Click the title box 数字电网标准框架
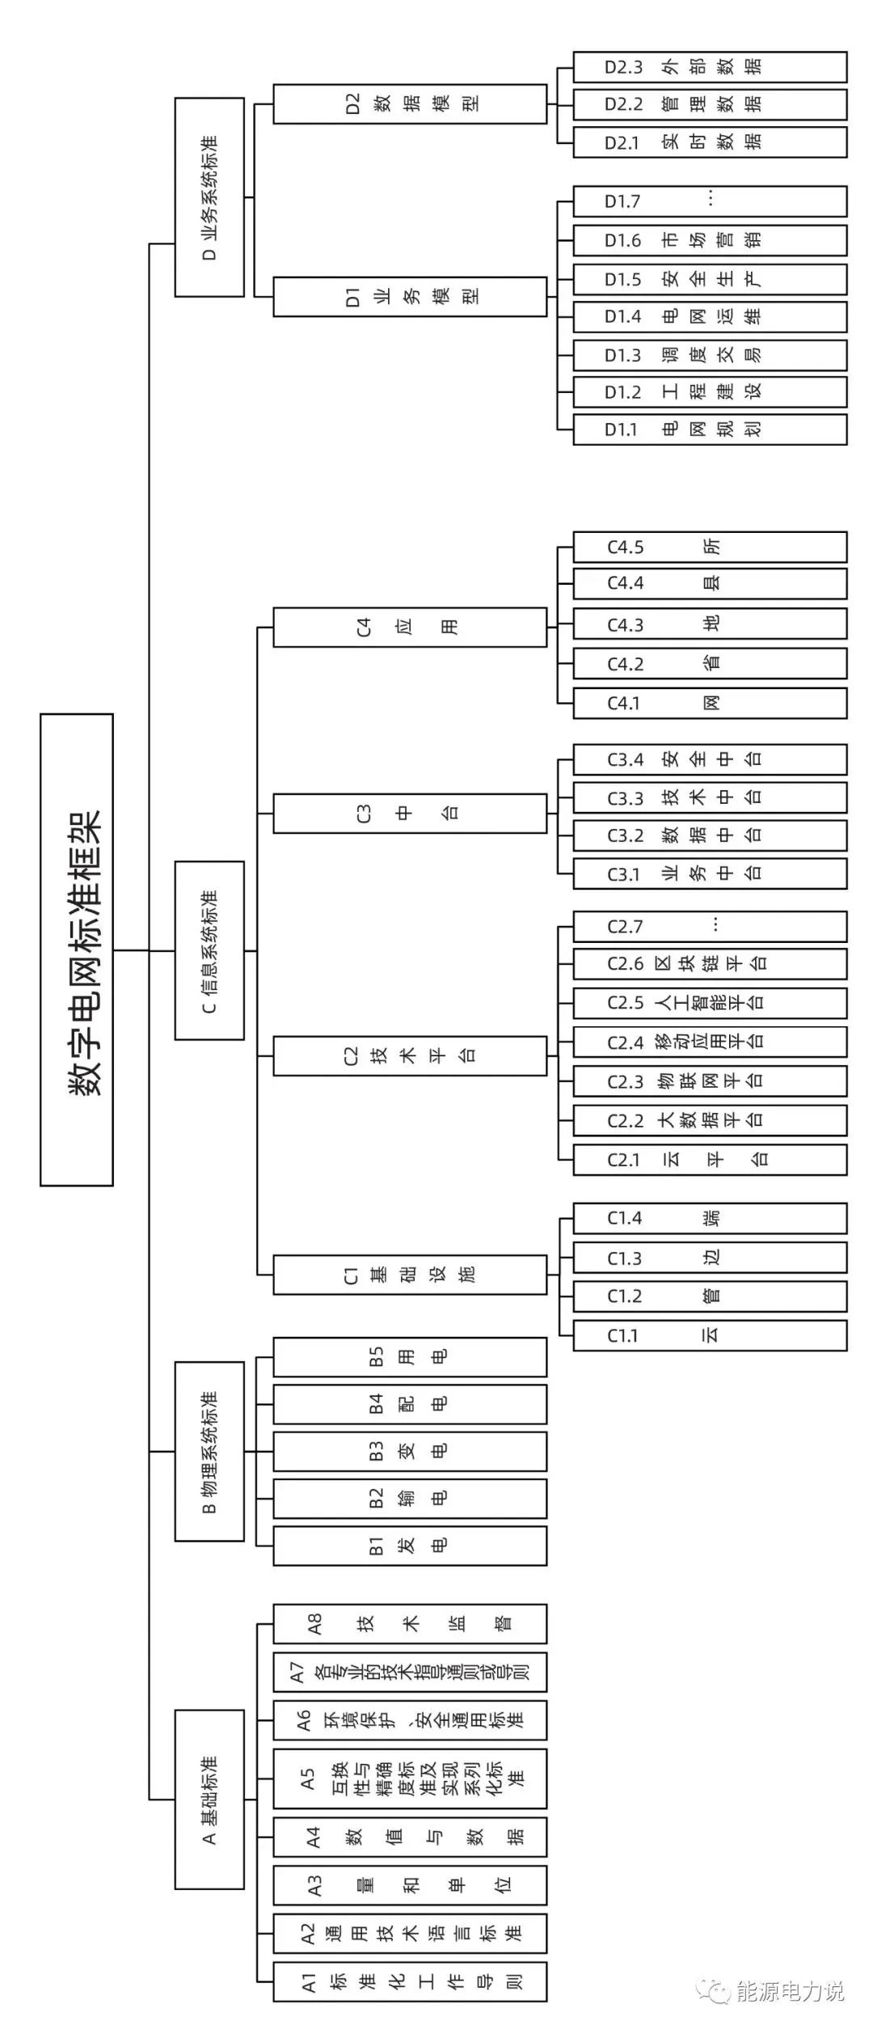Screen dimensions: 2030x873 click(x=77, y=949)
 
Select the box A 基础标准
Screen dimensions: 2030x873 click(x=209, y=1799)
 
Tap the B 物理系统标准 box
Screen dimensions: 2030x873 click(x=209, y=1451)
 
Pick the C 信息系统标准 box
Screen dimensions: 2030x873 click(x=209, y=949)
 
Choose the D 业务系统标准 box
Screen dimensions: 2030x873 click(x=209, y=197)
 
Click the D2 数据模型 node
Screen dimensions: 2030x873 click(x=410, y=104)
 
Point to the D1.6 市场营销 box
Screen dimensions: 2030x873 click(x=710, y=240)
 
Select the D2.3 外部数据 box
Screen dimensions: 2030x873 click(x=710, y=67)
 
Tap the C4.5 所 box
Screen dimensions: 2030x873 click(x=710, y=547)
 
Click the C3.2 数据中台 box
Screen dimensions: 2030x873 click(x=710, y=835)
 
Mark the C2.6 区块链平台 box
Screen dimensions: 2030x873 click(x=710, y=964)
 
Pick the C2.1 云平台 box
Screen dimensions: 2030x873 click(x=710, y=1160)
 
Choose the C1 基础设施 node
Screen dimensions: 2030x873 click(x=410, y=1275)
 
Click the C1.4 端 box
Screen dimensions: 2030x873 click(x=710, y=1218)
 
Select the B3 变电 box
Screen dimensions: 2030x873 click(x=410, y=1451)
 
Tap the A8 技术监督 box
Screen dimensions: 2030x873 click(x=410, y=1623)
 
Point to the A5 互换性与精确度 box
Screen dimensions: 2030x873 click(x=410, y=1778)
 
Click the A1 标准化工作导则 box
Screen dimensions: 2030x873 click(x=410, y=1981)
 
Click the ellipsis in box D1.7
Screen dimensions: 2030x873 click(x=711, y=199)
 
